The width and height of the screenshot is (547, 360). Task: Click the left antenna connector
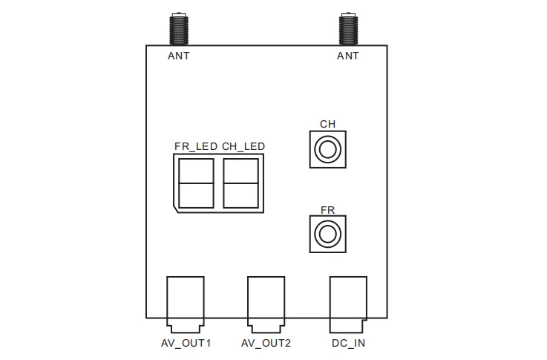click(179, 29)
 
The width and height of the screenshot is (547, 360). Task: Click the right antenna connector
click(348, 29)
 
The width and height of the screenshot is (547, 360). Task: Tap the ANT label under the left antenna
click(179, 56)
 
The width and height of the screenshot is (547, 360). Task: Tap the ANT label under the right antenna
click(348, 56)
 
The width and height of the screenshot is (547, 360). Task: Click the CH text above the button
click(327, 124)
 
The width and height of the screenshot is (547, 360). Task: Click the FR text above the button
click(327, 210)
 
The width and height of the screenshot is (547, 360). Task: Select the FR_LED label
click(196, 146)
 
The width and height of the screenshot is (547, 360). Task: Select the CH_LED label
click(243, 146)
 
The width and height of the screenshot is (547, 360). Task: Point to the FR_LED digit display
click(196, 183)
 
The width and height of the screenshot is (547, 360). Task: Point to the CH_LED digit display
click(240, 183)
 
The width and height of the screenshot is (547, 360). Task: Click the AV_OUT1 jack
click(186, 304)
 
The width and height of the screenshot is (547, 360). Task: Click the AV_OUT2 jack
click(266, 304)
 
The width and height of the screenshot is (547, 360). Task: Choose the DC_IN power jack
click(348, 304)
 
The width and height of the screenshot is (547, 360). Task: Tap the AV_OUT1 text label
click(186, 343)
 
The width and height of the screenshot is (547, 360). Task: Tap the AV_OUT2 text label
click(266, 343)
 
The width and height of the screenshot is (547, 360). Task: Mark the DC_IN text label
click(349, 343)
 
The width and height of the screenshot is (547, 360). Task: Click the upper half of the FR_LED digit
click(196, 171)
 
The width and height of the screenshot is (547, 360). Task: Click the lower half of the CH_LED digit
click(240, 196)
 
